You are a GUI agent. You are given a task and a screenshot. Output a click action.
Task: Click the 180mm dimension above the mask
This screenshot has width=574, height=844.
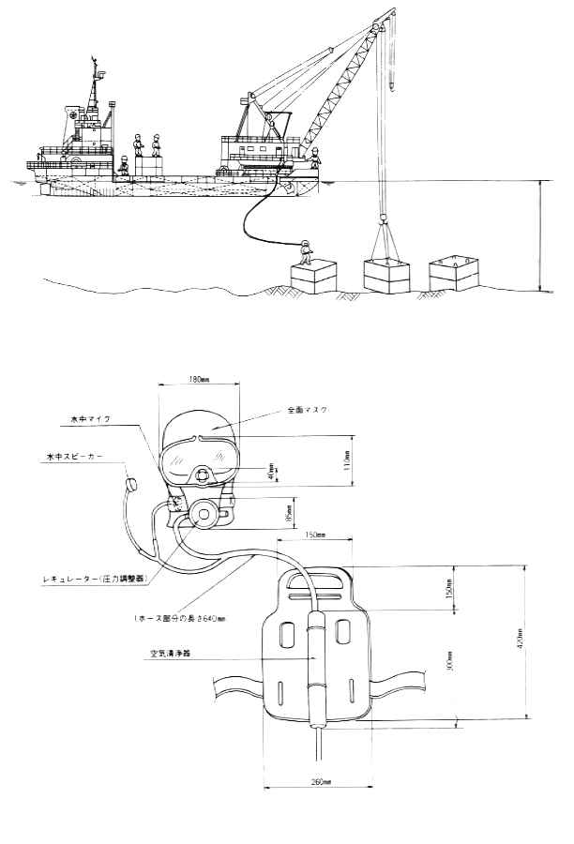pyautogui.click(x=196, y=380)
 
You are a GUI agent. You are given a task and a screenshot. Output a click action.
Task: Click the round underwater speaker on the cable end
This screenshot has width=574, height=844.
pyautogui.click(x=130, y=485)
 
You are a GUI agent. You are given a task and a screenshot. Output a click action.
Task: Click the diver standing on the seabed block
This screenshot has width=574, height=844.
pyautogui.click(x=304, y=250)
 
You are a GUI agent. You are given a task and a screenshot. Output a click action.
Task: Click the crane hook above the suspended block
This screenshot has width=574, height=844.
pyautogui.click(x=383, y=220)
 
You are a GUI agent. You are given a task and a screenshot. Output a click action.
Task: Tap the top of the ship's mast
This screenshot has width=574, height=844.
pyautogui.click(x=94, y=62)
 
